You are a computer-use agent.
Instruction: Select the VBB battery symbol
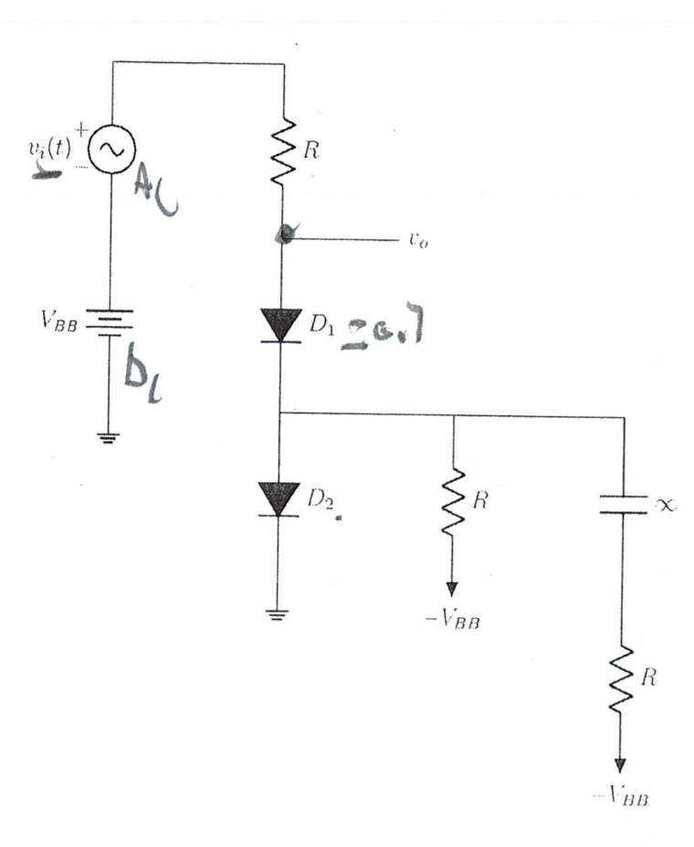click(111, 322)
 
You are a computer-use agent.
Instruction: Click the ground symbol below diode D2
click(280, 613)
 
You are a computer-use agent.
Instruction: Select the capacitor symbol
click(624, 505)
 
